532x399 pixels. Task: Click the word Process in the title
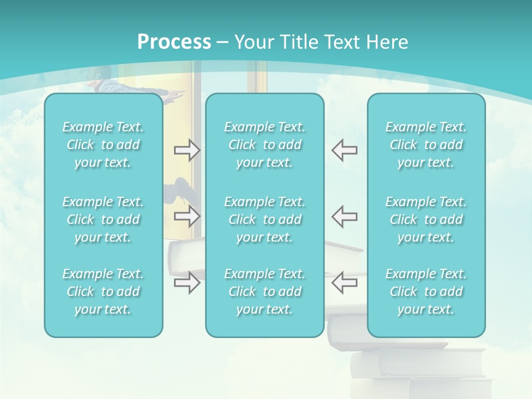point(174,42)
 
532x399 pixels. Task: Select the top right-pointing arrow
point(187,150)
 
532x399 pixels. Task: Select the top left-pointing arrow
point(345,150)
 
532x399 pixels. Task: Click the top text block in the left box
point(103,145)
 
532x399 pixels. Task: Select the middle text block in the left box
point(103,219)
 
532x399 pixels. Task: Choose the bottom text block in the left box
point(103,291)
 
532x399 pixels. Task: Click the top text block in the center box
point(265,145)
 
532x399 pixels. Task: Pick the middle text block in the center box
point(265,219)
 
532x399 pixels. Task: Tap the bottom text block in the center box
point(265,291)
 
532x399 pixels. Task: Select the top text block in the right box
point(426,145)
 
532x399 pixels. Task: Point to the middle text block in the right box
point(426,219)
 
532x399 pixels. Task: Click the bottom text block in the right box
point(426,291)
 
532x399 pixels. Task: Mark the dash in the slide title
point(223,43)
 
